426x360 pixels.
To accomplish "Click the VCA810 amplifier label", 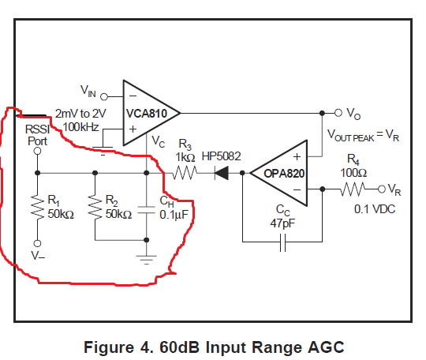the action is [x=147, y=114].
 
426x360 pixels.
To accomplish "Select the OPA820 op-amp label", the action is [x=284, y=174].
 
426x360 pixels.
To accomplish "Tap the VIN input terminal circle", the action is [x=104, y=96].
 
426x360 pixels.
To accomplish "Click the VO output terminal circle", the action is [x=338, y=113].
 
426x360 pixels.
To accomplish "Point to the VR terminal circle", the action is [x=382, y=189].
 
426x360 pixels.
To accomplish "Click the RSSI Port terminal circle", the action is [x=38, y=151].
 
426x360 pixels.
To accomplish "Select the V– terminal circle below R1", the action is [x=38, y=243].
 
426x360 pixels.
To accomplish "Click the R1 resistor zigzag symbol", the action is [x=38, y=207].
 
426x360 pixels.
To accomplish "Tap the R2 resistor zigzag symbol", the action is [x=95, y=207].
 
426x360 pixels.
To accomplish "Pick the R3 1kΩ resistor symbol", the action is [x=185, y=173].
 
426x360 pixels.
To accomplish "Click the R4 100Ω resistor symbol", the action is [x=353, y=189].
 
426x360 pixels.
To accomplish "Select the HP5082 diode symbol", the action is [x=222, y=173].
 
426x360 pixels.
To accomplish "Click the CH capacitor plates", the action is [x=147, y=210].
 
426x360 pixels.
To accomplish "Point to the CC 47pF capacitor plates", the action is [x=282, y=242].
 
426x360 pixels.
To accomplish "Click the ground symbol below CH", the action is [x=147, y=260].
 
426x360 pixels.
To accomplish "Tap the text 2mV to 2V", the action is [x=80, y=114].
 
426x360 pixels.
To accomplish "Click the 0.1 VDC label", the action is [x=375, y=209].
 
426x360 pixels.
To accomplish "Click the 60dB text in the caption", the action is [x=179, y=347].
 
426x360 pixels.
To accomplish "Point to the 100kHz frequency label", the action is [x=80, y=127].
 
